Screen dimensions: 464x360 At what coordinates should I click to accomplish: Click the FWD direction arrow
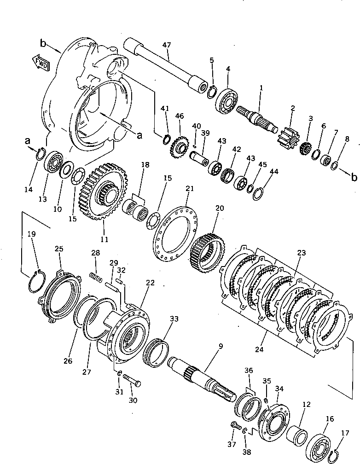(x=41, y=62)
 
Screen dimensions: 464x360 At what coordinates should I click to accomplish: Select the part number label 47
(x=167, y=45)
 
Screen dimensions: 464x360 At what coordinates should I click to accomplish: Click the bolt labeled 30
(x=132, y=382)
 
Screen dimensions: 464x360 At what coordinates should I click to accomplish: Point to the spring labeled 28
(x=96, y=278)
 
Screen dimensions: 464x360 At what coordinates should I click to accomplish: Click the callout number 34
(x=279, y=389)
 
